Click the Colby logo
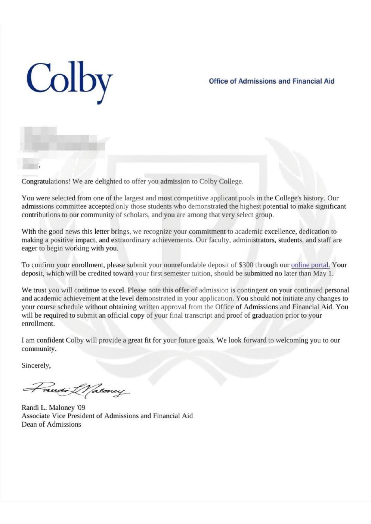click(69, 80)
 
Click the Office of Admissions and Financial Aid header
click(271, 81)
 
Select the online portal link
click(310, 265)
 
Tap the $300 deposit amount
click(246, 265)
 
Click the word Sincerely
click(35, 365)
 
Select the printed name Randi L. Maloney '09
click(53, 408)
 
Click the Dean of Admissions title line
click(51, 424)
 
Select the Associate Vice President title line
click(107, 416)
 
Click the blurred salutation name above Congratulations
click(30, 164)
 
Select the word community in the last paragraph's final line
click(38, 349)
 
